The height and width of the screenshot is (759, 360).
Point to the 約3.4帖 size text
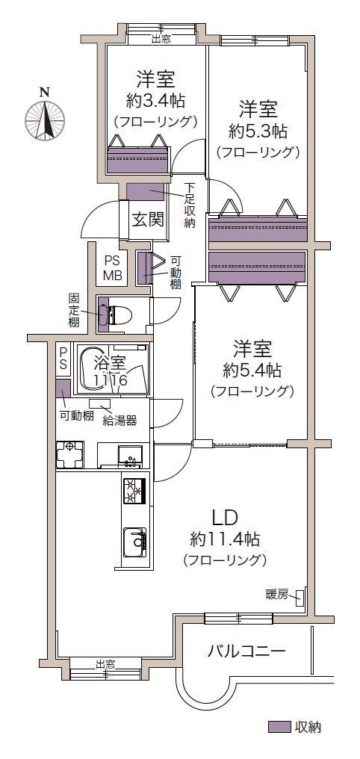(155, 101)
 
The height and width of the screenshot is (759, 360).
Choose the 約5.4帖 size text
(252, 371)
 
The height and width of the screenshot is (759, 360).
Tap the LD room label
(225, 518)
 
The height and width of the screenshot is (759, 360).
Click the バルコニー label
(246, 651)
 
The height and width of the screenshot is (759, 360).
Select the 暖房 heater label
(277, 593)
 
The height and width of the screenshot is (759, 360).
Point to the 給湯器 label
(120, 420)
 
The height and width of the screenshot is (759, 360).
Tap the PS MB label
(114, 267)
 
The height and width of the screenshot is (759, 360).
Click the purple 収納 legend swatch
(279, 727)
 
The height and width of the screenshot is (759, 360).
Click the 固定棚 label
(73, 308)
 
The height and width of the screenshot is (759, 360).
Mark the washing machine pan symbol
(69, 454)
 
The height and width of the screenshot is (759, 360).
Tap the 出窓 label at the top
(161, 39)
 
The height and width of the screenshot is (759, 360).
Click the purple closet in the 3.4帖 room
(137, 160)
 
